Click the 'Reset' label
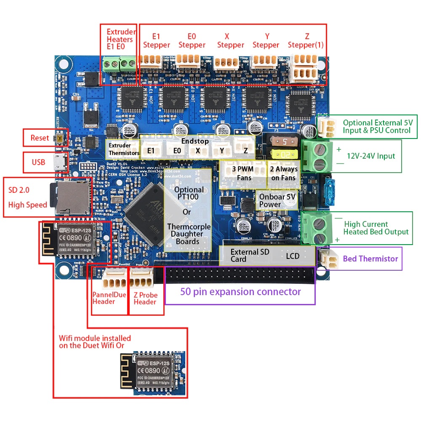click(40, 138)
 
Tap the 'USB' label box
click(38, 162)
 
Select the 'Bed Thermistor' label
click(370, 258)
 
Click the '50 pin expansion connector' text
click(240, 291)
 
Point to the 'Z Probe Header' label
click(145, 298)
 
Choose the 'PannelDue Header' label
click(109, 298)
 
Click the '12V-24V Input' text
click(371, 156)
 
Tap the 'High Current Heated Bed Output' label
click(376, 228)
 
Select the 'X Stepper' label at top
click(230, 41)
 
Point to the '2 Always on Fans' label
click(284, 173)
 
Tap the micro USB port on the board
click(59, 162)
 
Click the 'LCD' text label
click(293, 256)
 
